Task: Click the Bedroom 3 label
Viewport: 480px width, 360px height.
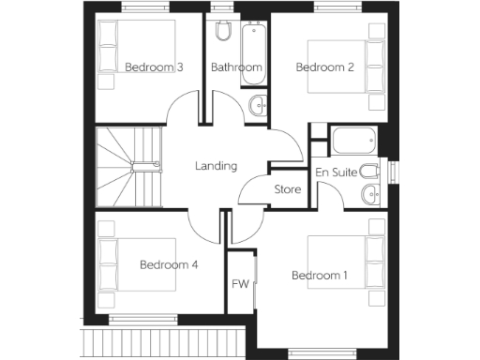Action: click(x=154, y=67)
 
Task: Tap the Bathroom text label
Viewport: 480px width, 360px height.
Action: click(x=235, y=67)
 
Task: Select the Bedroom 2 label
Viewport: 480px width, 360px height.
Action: click(x=324, y=67)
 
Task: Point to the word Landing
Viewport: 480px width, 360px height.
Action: click(x=216, y=166)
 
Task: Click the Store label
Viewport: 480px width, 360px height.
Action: click(x=287, y=189)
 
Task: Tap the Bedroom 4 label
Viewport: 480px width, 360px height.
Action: click(x=169, y=265)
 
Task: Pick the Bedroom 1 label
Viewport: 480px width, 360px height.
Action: click(x=319, y=276)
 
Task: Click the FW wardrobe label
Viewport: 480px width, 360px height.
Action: click(x=240, y=284)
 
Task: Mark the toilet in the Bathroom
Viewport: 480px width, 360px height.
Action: click(x=222, y=32)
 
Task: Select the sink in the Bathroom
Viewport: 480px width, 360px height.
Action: click(x=258, y=104)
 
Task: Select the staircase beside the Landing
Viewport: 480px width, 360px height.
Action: click(x=129, y=168)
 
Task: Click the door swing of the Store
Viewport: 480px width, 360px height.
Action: click(x=253, y=187)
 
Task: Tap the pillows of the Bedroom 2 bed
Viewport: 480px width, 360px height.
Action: click(x=375, y=67)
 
